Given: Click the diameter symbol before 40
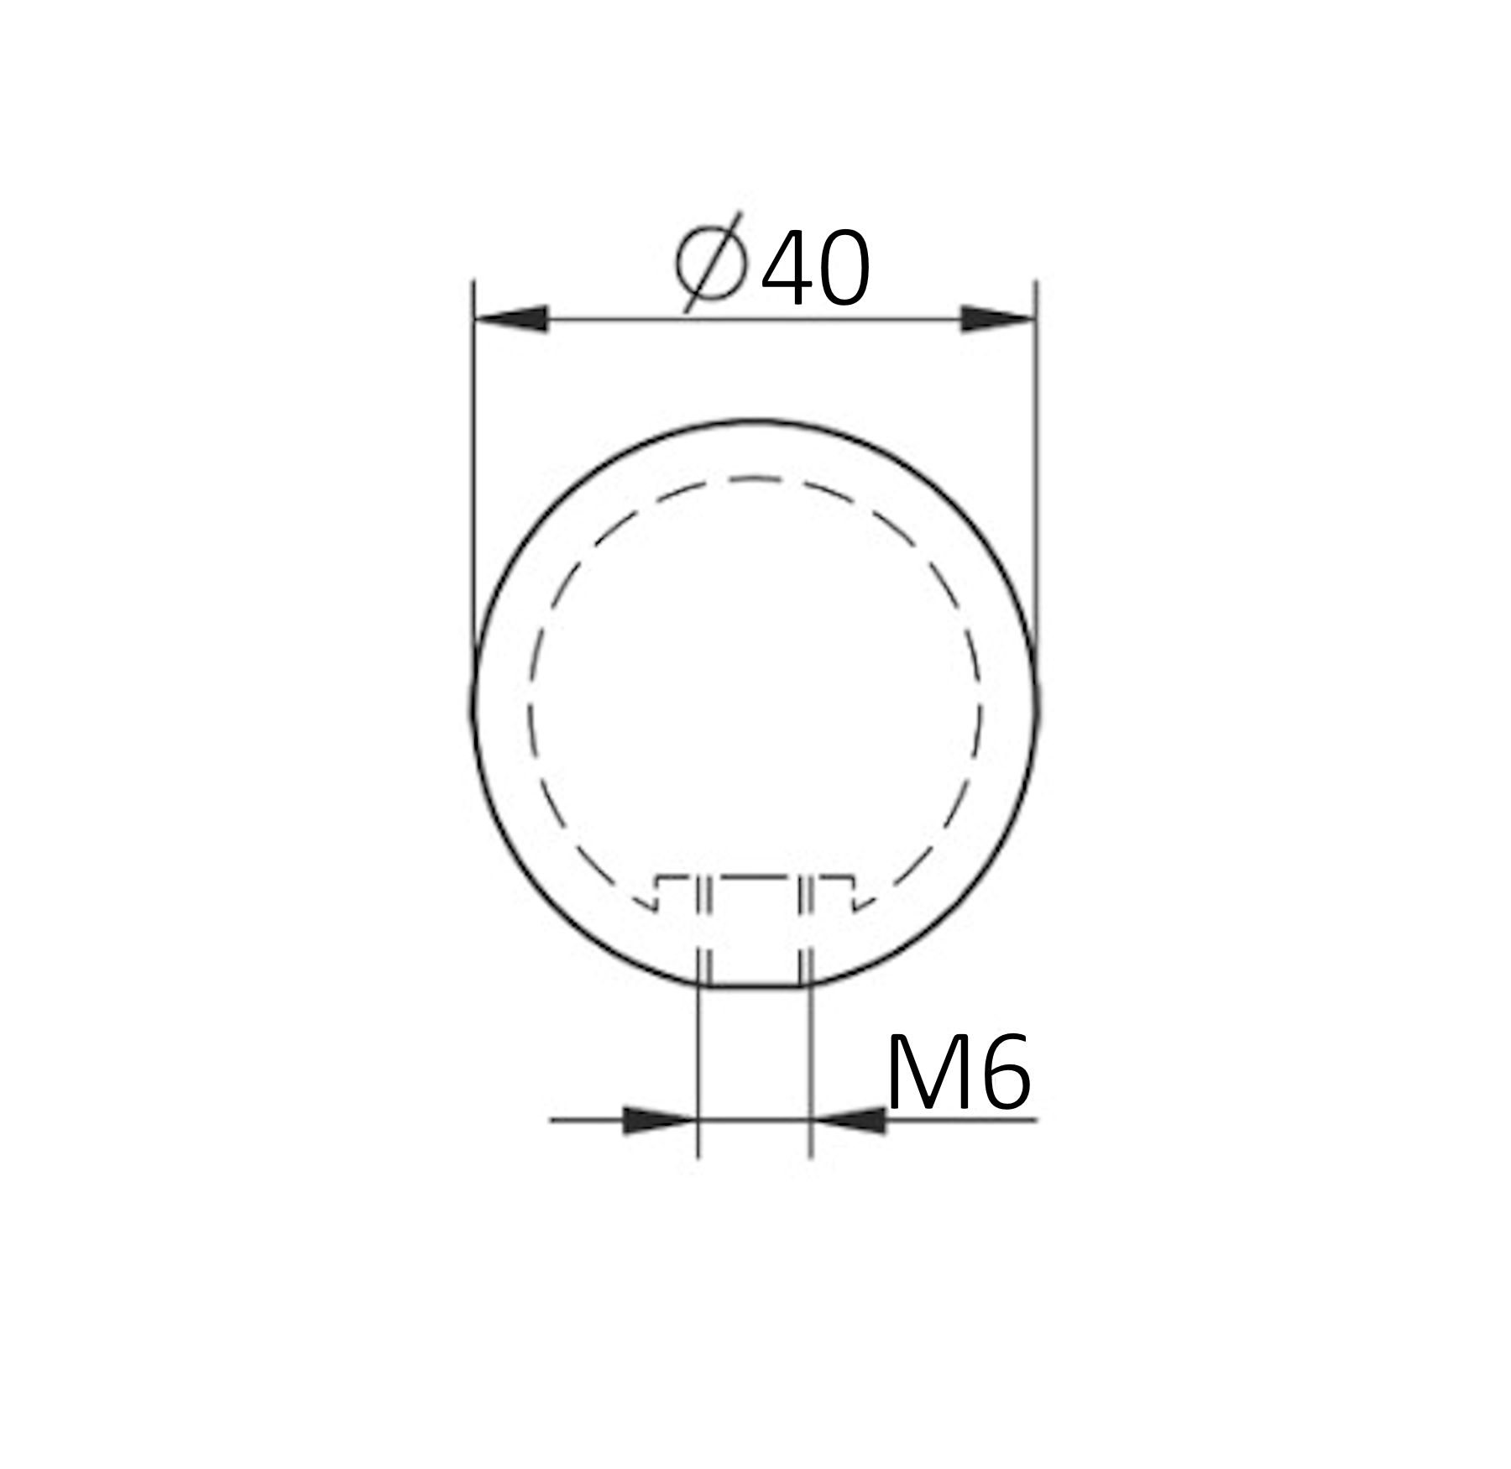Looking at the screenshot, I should click(x=711, y=262).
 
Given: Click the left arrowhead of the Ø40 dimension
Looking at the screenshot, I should click(x=512, y=319).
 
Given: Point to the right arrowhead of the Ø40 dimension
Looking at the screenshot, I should click(x=997, y=319).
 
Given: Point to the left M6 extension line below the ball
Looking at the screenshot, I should click(x=698, y=1074).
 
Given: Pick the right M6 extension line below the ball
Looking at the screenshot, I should click(x=810, y=1074).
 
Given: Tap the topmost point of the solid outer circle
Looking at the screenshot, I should click(x=755, y=421).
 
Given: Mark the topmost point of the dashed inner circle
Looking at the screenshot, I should click(x=755, y=478).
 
